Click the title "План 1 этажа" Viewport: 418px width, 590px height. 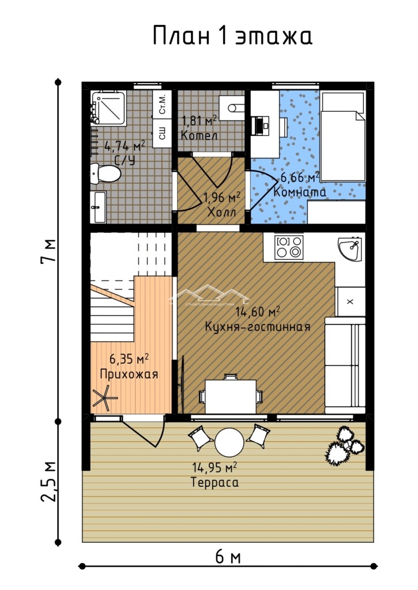232,36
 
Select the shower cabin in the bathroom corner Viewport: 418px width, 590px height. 109,108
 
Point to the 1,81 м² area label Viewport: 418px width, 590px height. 199,121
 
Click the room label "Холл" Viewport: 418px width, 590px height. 222,212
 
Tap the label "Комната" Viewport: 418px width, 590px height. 300,192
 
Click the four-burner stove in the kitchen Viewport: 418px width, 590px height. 289,247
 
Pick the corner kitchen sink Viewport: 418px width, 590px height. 350,248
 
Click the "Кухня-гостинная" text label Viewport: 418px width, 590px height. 258,327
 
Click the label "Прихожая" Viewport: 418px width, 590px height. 129,375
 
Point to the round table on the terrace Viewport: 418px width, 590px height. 229,443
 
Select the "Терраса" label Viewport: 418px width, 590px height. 214,482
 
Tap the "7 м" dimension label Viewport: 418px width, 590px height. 49,251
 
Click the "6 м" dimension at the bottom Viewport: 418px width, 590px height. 228,557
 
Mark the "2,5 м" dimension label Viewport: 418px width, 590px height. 48,481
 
